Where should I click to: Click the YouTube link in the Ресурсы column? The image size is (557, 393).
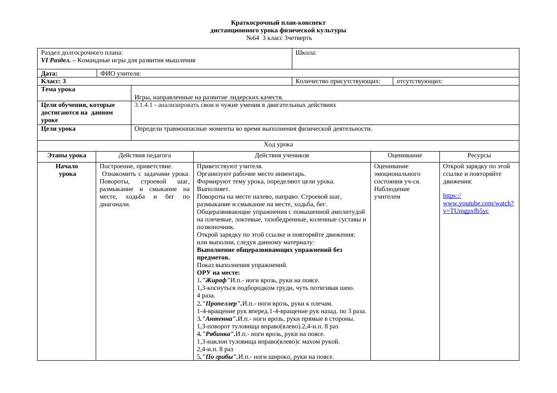478,203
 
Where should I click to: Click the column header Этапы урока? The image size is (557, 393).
67,155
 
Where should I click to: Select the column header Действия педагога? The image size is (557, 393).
145,155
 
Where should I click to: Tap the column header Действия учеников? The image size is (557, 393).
282,155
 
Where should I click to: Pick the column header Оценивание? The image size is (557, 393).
405,155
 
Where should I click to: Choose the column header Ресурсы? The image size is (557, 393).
479,155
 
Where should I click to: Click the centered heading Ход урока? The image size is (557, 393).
278,144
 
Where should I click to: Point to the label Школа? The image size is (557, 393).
306,53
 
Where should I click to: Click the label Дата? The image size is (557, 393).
50,74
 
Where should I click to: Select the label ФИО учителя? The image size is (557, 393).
120,74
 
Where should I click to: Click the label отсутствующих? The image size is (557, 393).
419,81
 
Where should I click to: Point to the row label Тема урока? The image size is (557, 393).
58,89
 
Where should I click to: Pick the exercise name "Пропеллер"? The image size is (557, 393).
222,304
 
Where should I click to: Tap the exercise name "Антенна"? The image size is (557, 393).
219,319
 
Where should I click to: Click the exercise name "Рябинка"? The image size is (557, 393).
219,334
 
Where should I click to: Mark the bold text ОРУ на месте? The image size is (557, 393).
218,273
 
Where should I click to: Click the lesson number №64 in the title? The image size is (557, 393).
252,38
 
